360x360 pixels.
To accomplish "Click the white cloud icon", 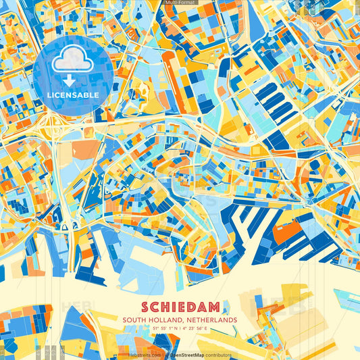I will tap(72, 60).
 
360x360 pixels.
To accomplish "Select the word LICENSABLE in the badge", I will tap(72, 95).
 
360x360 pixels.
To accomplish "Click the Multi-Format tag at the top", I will tap(180, 3).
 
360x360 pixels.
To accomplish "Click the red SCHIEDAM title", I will tap(180, 305).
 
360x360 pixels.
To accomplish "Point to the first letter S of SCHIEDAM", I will tap(146, 305).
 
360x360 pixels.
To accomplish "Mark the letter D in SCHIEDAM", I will tap(192, 305).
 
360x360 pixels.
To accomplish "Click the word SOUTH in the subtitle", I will tap(134, 319).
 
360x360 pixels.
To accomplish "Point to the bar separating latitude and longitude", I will tap(180, 328).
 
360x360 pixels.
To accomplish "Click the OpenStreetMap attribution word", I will tap(185, 355).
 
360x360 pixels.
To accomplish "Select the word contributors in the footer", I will tap(217, 355).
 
